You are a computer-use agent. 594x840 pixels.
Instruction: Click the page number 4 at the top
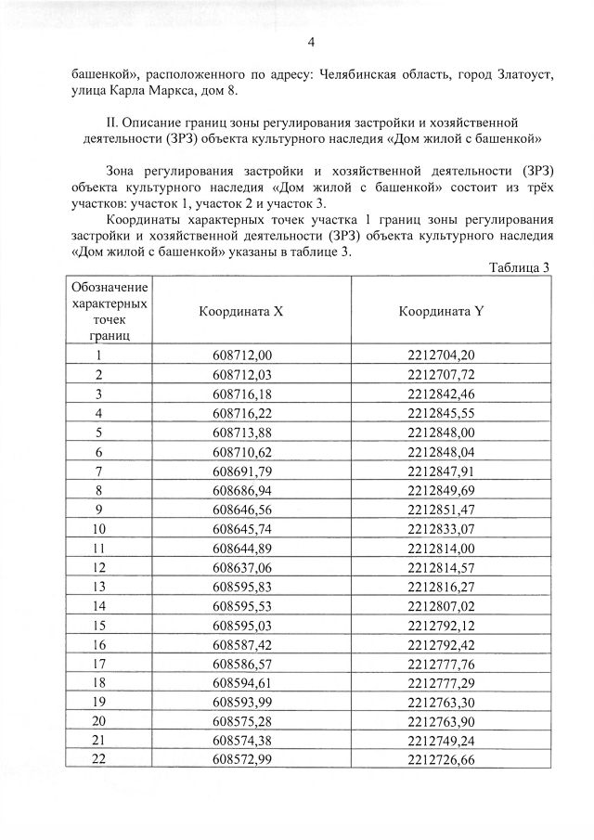[311, 42]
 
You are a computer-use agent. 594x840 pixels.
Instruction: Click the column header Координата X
[241, 311]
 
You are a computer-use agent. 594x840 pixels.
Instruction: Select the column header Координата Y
[442, 311]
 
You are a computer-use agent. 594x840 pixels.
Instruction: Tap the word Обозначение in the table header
[110, 286]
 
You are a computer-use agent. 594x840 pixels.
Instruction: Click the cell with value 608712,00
[242, 355]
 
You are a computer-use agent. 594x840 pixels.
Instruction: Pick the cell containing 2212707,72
[442, 374]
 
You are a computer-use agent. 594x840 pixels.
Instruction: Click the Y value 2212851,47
[442, 510]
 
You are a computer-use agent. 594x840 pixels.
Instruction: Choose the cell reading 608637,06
[242, 567]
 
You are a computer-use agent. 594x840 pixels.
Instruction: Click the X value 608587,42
[242, 644]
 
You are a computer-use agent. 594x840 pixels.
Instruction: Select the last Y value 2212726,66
[442, 760]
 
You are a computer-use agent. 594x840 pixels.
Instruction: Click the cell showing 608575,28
[242, 721]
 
